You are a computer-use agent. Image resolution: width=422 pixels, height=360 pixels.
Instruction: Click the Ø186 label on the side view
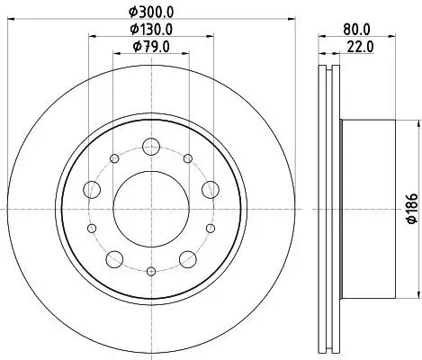click(x=409, y=211)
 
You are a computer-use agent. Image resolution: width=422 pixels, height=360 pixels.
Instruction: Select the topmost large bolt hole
click(x=150, y=144)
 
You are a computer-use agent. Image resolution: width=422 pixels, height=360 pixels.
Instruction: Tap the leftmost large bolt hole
click(x=92, y=189)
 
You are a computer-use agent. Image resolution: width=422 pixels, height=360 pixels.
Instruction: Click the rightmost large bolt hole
click(x=210, y=188)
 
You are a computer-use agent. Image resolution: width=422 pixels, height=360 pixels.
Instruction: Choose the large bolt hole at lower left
click(x=114, y=259)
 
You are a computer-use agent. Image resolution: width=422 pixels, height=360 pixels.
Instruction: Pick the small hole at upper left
click(x=114, y=159)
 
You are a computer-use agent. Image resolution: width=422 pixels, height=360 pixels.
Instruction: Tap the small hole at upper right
click(x=187, y=159)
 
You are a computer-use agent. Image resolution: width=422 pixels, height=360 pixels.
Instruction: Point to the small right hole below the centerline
click(x=210, y=229)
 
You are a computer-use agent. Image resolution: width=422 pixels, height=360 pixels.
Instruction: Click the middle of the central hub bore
click(x=150, y=207)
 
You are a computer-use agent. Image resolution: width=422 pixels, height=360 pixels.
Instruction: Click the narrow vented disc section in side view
click(x=330, y=208)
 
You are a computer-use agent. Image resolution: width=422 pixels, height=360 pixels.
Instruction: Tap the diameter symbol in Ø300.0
click(x=132, y=11)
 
